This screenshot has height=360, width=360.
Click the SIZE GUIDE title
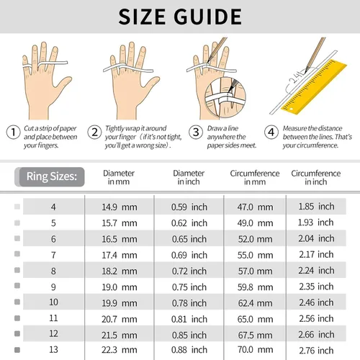coord(180,17)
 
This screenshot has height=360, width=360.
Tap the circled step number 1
coord(13,132)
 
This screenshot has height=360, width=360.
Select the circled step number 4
coord(271,132)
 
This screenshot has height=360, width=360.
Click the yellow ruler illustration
coord(315,86)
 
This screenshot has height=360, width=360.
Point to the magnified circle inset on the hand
coord(225,97)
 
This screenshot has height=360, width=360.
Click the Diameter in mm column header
coord(119,177)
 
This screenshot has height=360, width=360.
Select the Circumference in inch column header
coord(315,177)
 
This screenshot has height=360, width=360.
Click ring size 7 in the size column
coord(53,255)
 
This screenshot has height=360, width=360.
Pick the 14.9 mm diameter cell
coord(120,207)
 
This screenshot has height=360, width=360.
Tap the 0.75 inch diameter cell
coord(189,287)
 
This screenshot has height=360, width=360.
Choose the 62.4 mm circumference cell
coord(255,303)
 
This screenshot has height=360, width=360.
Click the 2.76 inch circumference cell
coord(316,351)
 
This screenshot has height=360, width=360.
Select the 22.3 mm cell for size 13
coord(120,350)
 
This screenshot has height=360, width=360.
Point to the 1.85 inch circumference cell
coord(316,206)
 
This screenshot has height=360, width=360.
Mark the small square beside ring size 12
coord(17,333)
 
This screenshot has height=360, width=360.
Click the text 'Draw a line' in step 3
coord(222,128)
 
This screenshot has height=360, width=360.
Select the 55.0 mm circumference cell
coord(255,255)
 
